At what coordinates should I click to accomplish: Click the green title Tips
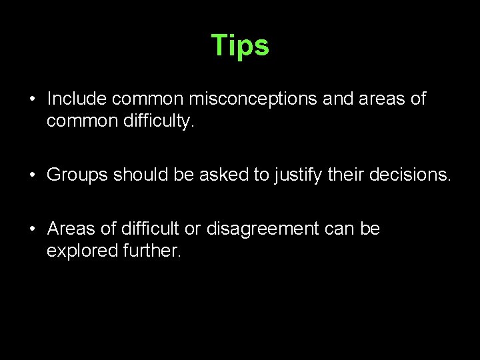point(240,45)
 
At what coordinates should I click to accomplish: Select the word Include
point(77,99)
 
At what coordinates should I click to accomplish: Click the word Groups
point(77,175)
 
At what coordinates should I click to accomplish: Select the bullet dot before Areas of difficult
point(32,229)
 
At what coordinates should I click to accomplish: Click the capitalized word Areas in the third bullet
point(71,229)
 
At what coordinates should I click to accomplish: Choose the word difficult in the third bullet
point(150,229)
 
